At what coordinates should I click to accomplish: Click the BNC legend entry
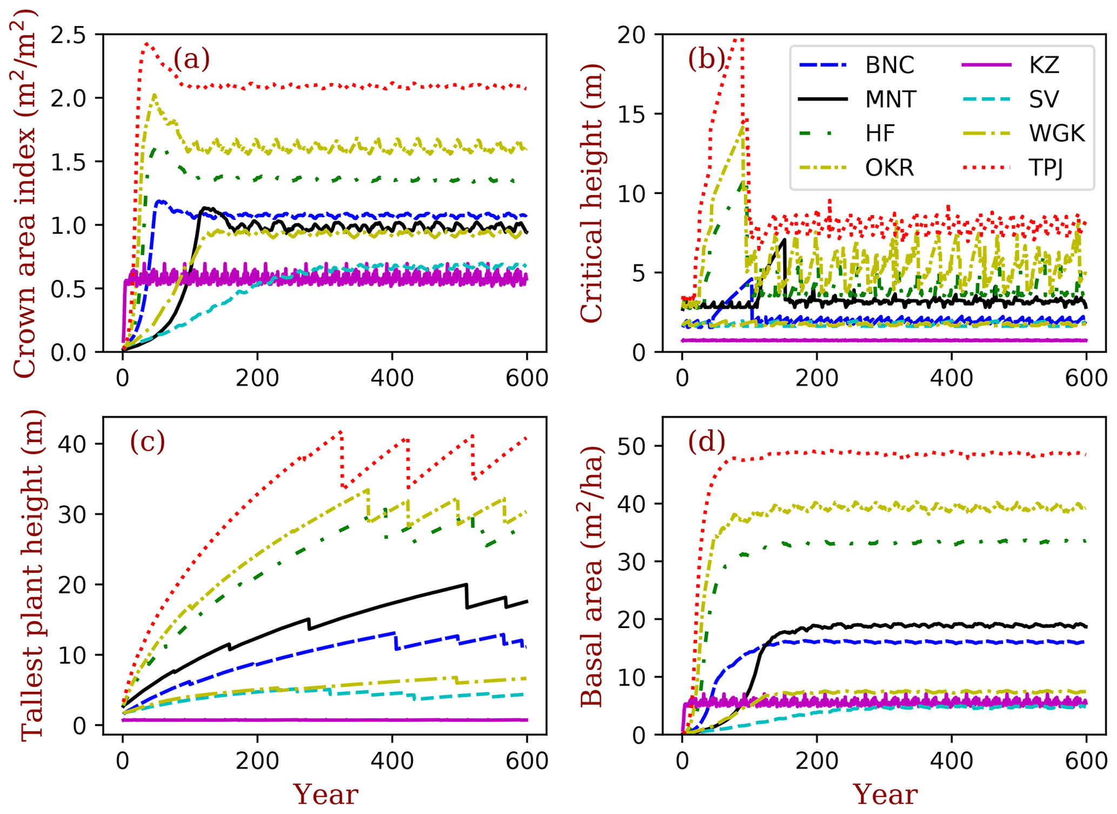click(889, 65)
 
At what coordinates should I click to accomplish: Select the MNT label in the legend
click(891, 99)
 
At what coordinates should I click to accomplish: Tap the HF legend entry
click(880, 134)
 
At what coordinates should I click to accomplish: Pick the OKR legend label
click(889, 168)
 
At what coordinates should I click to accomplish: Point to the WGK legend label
click(1057, 134)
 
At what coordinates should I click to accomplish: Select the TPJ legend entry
click(1046, 168)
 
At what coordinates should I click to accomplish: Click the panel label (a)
click(191, 59)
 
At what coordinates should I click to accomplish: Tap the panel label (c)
click(148, 442)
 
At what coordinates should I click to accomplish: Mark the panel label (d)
click(706, 442)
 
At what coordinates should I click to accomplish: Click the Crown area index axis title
click(25, 193)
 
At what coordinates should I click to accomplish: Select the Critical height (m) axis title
click(592, 193)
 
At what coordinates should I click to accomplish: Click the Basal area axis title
click(592, 576)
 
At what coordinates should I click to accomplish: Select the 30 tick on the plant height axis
click(72, 515)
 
